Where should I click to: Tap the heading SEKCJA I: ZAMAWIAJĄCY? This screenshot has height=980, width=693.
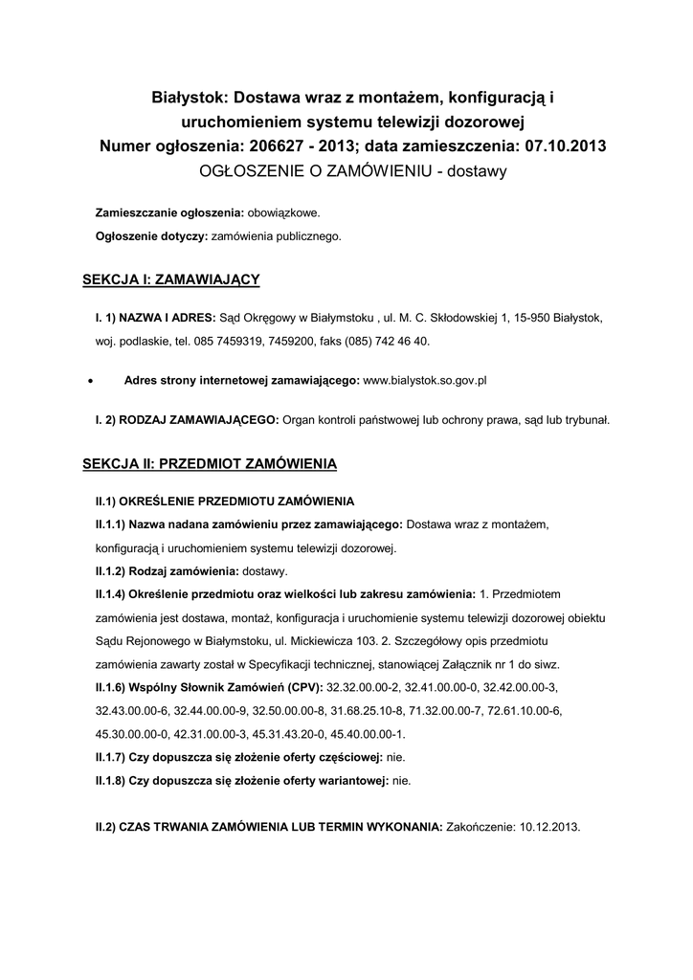click(x=171, y=279)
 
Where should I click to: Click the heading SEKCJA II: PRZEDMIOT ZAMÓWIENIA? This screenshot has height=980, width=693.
click(x=210, y=464)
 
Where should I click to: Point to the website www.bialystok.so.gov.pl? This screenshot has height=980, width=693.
click(x=426, y=380)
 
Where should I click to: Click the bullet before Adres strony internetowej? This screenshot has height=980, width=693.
click(x=89, y=381)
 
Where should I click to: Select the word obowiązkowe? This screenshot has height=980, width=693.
click(x=284, y=212)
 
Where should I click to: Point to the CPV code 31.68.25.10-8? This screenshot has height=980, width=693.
click(x=369, y=711)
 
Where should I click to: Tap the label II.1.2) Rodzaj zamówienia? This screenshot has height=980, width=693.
click(x=167, y=571)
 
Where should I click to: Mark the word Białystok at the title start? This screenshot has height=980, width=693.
click(x=188, y=99)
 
